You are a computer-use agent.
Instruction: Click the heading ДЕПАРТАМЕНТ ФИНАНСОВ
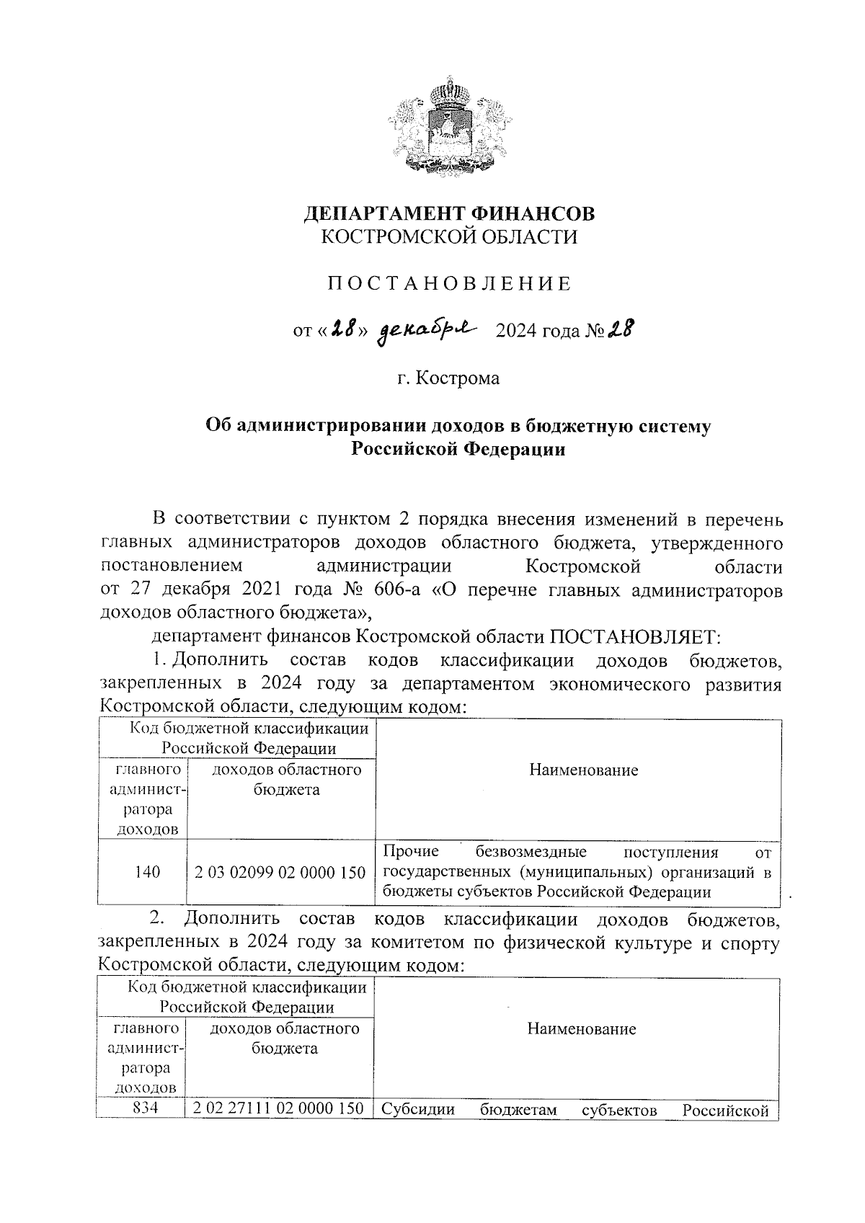click(x=449, y=214)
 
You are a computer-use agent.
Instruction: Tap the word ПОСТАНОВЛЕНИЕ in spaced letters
click(x=449, y=284)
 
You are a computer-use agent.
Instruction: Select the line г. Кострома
click(x=448, y=378)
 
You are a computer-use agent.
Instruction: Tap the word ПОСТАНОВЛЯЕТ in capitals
click(x=635, y=636)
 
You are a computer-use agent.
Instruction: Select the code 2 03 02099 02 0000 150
click(x=280, y=872)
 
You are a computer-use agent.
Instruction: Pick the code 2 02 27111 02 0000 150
click(x=278, y=1109)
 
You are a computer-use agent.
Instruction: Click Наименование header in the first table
click(x=583, y=770)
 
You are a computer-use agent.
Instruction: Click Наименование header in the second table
click(x=581, y=1029)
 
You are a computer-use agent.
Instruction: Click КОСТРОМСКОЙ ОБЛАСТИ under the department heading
click(x=449, y=237)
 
